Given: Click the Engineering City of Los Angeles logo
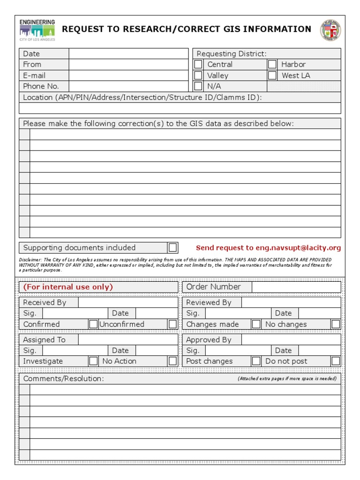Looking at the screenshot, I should point(37,30).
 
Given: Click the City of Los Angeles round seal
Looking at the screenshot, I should point(330,30).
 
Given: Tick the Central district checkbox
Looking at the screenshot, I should point(198,64).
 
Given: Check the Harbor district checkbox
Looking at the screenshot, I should point(272,64).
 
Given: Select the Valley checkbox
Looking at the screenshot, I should point(198,75).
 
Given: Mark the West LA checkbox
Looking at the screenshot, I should point(272,75).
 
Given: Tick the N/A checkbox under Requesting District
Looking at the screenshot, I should point(198,86).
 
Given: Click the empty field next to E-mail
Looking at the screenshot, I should point(128,75).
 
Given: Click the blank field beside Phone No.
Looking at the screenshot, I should point(128,86).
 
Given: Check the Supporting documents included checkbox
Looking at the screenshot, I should point(173,247).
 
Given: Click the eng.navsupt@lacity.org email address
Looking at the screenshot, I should point(298,248).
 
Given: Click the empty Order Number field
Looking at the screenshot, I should point(296,287).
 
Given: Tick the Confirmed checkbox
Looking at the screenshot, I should point(94,324).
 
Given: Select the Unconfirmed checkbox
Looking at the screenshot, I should point(173,324).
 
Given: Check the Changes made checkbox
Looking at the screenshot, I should point(256,324).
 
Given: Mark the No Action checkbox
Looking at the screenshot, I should point(173,361).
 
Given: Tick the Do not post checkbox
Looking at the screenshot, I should point(336,361).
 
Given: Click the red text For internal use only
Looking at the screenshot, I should point(68,287).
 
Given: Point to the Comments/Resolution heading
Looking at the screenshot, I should point(64,378).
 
